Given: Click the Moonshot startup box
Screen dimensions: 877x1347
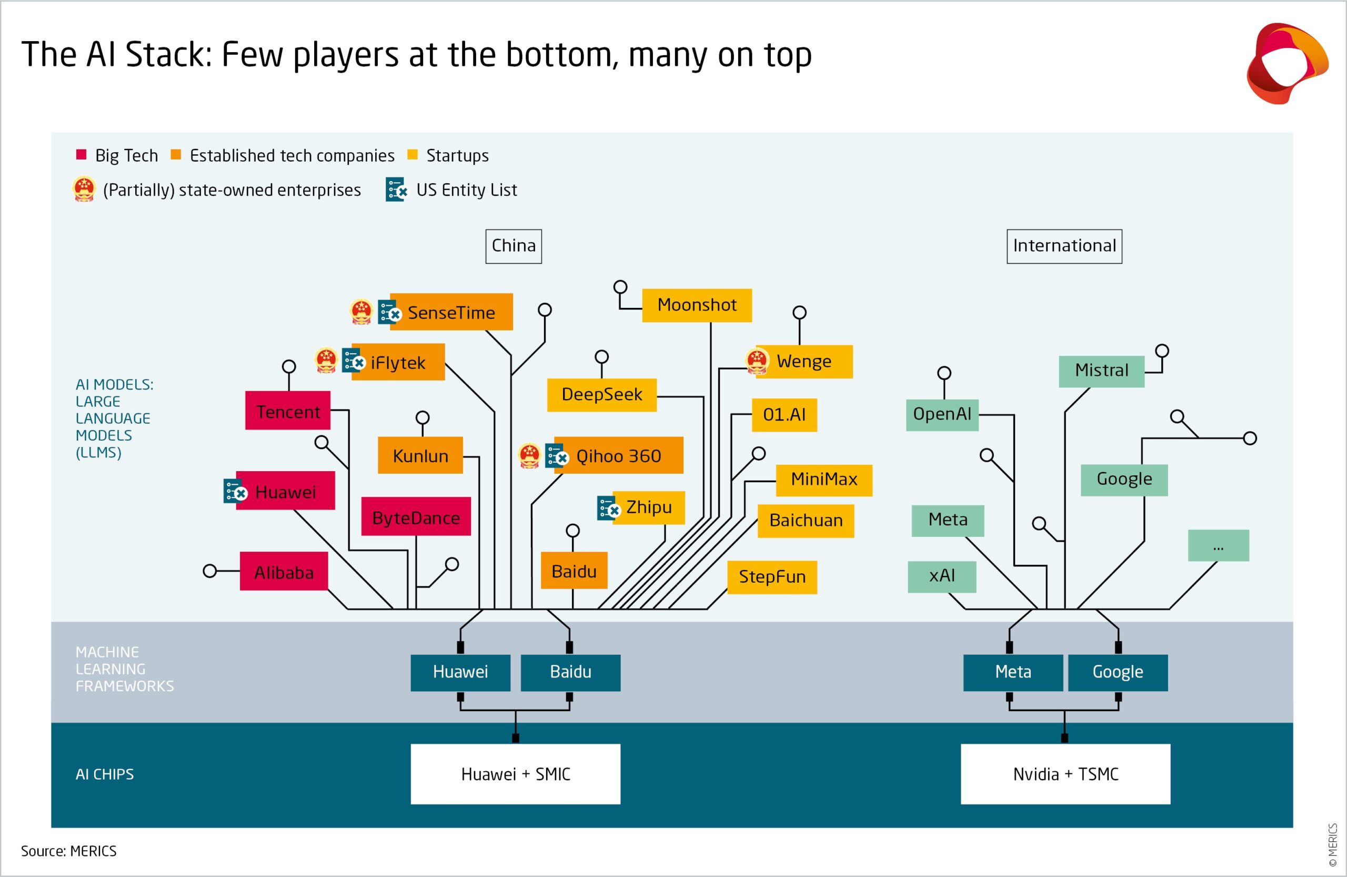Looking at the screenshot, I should [x=697, y=305].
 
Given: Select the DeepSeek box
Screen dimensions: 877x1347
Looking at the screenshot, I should [x=601, y=395].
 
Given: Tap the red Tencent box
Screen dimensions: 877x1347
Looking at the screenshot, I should [x=287, y=411].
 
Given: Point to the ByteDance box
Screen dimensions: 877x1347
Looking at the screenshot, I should [x=416, y=516].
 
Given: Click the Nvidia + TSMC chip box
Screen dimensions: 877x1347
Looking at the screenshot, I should [x=1065, y=773].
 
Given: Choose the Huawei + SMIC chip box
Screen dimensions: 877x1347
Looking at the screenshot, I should [x=515, y=773].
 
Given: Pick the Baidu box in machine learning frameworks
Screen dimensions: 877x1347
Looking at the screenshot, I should [x=570, y=672].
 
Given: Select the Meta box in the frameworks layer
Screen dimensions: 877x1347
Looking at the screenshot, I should [x=1012, y=672].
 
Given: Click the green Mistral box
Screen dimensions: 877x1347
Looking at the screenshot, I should [x=1101, y=371].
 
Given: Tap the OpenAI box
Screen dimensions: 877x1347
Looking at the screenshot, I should [x=942, y=414].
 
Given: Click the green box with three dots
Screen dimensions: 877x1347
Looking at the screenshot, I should [x=1218, y=545].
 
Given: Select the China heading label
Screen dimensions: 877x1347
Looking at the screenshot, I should [x=514, y=246].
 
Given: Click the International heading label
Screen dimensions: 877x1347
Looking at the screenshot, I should [x=1064, y=246].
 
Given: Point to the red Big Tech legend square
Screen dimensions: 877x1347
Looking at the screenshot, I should [x=82, y=155].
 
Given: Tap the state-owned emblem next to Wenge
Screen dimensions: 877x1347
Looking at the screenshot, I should [x=757, y=361].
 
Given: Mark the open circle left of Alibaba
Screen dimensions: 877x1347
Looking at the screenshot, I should [x=210, y=571].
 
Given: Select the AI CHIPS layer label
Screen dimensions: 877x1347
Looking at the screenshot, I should [x=105, y=774].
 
